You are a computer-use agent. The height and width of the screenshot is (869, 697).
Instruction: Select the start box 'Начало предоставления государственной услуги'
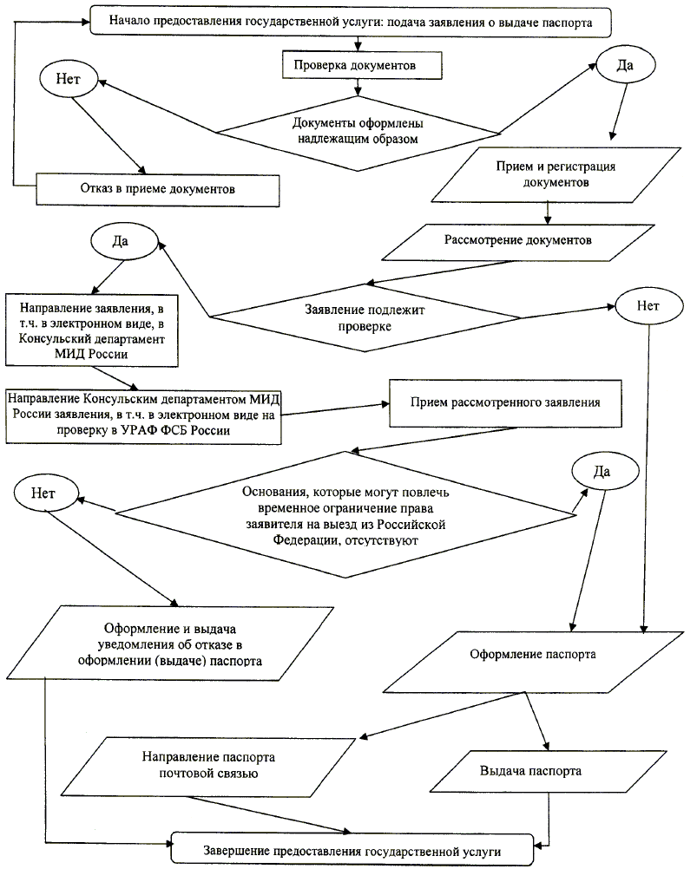click(352, 22)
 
